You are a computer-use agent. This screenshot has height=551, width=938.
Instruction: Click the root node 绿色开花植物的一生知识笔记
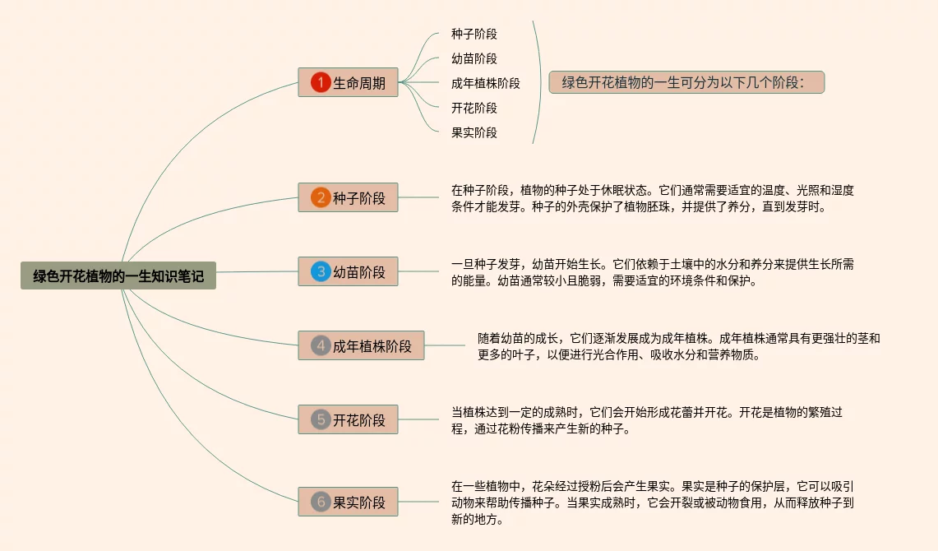pos(118,276)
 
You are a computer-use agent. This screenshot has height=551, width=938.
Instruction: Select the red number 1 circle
pos(321,82)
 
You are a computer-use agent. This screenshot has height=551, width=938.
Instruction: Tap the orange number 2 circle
pos(321,197)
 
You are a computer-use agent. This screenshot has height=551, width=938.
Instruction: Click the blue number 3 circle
pos(321,271)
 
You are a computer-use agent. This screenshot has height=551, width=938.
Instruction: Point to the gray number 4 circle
pos(321,345)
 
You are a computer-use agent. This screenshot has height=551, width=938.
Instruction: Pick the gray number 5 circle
pos(321,419)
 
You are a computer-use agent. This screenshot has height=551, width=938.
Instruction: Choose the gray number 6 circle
pos(321,502)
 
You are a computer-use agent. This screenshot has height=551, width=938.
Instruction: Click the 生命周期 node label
pos(359,83)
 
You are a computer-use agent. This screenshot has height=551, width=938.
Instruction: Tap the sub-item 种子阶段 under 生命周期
pos(474,35)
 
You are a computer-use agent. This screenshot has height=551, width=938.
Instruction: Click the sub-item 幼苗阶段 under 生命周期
pos(474,59)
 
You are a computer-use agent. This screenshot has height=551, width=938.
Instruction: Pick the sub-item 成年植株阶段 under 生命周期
pos(486,83)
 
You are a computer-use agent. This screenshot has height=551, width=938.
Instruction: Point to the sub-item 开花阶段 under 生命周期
pos(474,108)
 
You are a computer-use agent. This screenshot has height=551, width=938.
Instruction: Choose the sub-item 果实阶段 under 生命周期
pos(474,132)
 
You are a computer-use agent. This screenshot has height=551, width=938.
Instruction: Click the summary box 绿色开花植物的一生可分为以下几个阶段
pos(686,82)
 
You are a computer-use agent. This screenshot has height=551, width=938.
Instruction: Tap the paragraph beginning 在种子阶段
pos(652,198)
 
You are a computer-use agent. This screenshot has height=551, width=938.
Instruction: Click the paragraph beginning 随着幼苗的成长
pos(678,346)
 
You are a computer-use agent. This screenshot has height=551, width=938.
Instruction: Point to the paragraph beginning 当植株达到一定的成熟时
pos(646,420)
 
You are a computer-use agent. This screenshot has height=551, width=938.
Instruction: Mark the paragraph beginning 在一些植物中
pos(652,502)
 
